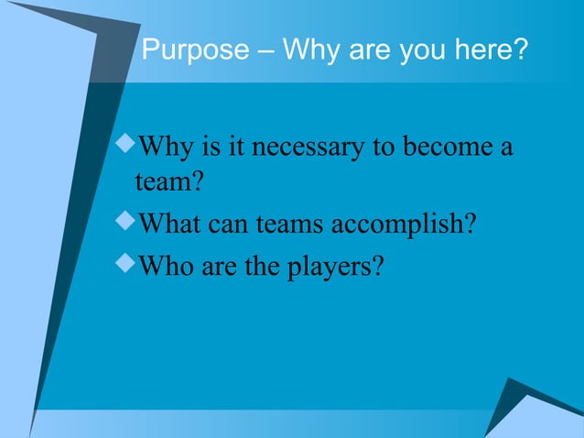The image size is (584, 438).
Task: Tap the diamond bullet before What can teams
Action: (x=125, y=223)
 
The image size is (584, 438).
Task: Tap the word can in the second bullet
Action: (x=228, y=224)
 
